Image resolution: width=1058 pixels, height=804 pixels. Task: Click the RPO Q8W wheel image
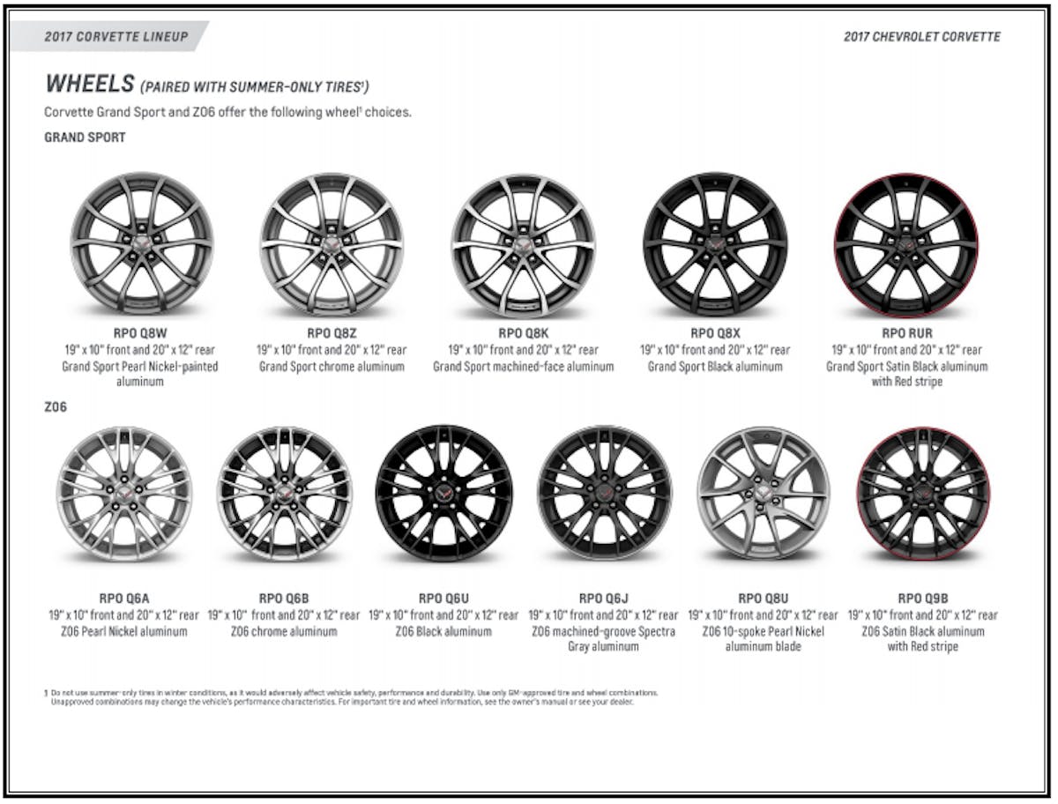click(142, 243)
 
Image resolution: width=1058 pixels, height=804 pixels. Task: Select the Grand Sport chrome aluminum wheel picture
click(332, 244)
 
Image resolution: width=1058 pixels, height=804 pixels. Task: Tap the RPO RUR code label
click(907, 333)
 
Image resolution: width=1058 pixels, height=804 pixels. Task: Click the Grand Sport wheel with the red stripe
click(906, 244)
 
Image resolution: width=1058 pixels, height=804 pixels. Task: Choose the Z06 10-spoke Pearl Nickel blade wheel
click(764, 493)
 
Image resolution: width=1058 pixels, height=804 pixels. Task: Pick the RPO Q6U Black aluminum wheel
click(443, 493)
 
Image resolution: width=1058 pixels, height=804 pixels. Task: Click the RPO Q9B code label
click(923, 599)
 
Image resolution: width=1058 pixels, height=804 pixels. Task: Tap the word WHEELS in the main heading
click(88, 84)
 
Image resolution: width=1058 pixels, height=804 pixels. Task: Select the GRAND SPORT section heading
click(85, 138)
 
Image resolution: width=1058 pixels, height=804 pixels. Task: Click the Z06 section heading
click(56, 407)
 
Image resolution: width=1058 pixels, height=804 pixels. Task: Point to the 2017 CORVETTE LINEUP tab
click(116, 36)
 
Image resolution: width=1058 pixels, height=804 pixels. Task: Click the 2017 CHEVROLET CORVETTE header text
click(921, 36)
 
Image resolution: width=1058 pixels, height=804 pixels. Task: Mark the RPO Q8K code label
click(523, 333)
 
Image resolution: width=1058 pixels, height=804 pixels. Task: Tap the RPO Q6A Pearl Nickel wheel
click(124, 493)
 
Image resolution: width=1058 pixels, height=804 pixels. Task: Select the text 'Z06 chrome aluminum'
click(284, 631)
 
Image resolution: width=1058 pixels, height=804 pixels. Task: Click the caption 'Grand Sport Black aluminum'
click(715, 366)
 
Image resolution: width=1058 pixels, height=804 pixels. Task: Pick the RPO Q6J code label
click(604, 599)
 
